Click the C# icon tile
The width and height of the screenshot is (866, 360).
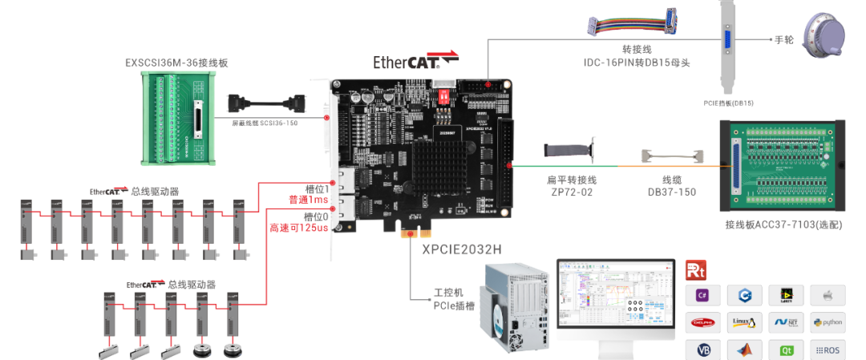click(702, 296)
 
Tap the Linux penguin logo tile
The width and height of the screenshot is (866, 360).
click(744, 323)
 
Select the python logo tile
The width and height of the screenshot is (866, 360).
click(828, 323)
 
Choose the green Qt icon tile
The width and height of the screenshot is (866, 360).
click(786, 350)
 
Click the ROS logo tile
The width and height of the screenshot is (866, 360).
click(828, 350)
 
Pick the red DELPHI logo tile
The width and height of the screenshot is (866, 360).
click(702, 323)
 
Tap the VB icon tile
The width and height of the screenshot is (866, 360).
click(702, 350)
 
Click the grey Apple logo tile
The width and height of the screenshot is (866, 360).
click(828, 296)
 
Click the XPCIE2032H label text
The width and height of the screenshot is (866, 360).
click(462, 249)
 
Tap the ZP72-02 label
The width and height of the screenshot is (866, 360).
click(570, 192)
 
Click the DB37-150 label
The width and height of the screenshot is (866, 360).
click(671, 192)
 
